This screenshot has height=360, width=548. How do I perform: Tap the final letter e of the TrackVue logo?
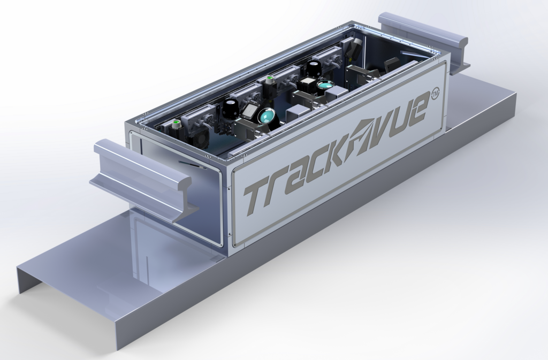(x=418, y=109)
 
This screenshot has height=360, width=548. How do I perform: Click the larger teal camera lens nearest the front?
(x=266, y=114)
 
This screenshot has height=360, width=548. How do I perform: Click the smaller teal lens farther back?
(x=324, y=85)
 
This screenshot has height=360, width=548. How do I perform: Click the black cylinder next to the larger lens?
(x=231, y=108)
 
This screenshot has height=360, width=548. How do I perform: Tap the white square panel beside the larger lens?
(x=249, y=111)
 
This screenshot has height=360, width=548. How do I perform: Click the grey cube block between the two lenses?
(x=294, y=114)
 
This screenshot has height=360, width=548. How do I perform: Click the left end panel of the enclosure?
(x=177, y=187)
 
